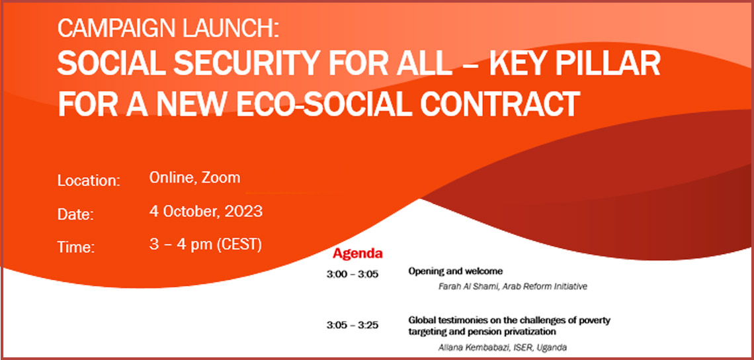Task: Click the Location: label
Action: [x=89, y=181]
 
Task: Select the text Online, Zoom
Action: [x=194, y=178]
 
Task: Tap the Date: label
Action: [x=75, y=214]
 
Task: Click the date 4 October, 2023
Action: [x=206, y=211]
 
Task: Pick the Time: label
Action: [x=76, y=247]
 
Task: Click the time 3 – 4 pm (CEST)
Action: [x=205, y=245]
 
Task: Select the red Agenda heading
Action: [x=358, y=253]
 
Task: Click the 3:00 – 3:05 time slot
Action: [x=353, y=275]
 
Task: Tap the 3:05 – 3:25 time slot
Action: [x=353, y=326]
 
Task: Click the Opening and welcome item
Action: [x=456, y=271]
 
